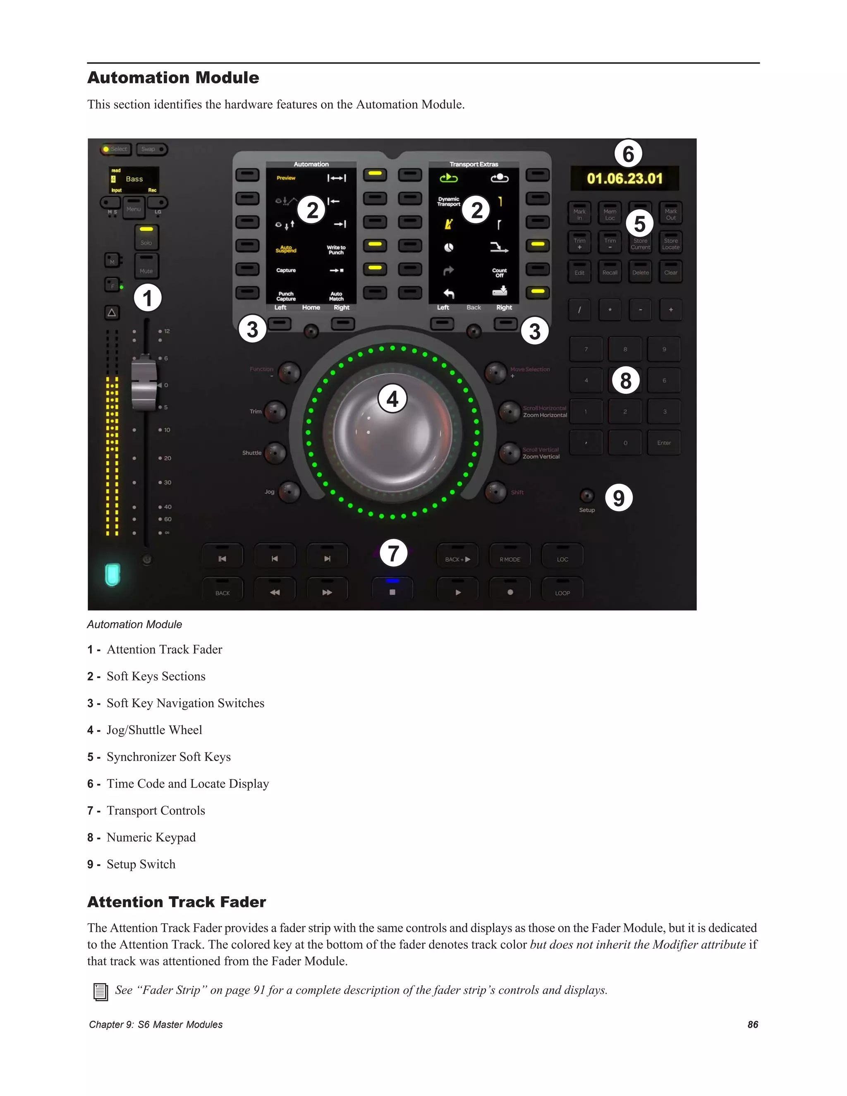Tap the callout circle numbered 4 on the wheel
tap(392, 399)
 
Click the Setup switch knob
tap(586, 496)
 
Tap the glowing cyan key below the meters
tap(112, 574)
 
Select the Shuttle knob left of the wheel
tap(275, 452)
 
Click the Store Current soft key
tap(640, 242)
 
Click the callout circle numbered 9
tap(619, 498)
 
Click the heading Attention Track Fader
tap(177, 902)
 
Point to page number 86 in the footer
tap(752, 1024)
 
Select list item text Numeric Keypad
tap(151, 837)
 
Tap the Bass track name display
tap(134, 179)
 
